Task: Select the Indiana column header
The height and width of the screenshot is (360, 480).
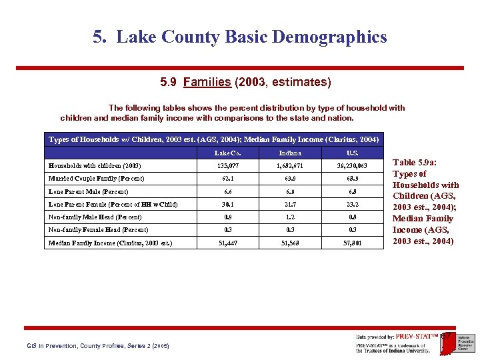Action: click(x=290, y=153)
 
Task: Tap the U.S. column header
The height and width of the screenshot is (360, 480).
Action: click(x=353, y=153)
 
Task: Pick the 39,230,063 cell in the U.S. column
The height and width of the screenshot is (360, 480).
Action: click(x=353, y=165)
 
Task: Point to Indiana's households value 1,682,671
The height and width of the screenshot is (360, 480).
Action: click(x=290, y=165)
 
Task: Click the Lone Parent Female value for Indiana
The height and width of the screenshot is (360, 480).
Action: click(x=290, y=204)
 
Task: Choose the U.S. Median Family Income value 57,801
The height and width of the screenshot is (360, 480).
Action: click(x=353, y=243)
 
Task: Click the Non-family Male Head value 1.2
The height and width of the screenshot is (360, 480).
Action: click(x=290, y=217)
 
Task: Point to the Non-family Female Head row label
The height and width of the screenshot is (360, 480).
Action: click(x=99, y=230)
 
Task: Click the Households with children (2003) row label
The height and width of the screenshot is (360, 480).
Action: click(x=95, y=165)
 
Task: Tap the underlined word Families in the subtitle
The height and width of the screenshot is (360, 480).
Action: click(x=207, y=83)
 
